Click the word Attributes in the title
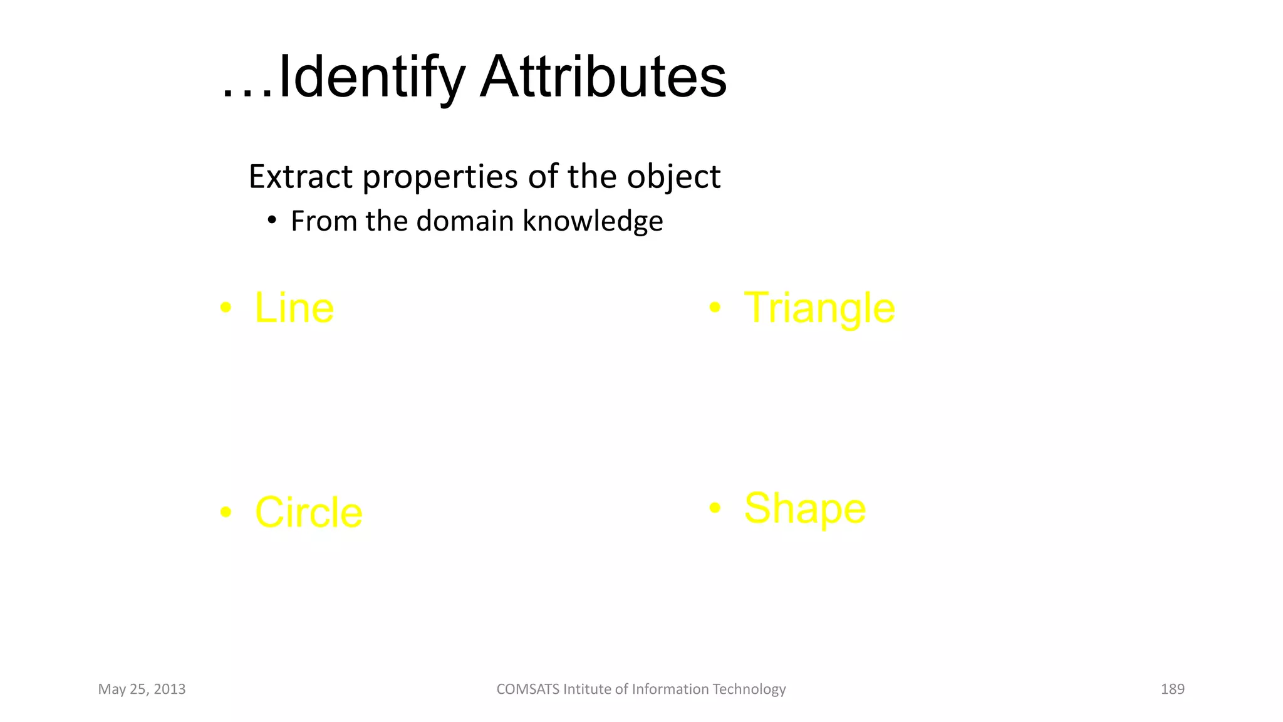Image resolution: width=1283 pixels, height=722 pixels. [x=603, y=78]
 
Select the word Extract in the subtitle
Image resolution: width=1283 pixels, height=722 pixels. [x=300, y=177]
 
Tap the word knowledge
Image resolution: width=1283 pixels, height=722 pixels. [x=593, y=222]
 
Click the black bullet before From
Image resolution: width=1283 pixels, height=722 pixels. [x=271, y=220]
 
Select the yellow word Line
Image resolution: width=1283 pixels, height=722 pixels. [x=294, y=308]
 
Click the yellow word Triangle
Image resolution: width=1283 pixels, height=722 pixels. [x=819, y=308]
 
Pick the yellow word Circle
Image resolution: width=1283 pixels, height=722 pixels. [x=308, y=513]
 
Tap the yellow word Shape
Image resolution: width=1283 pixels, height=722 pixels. [x=804, y=508]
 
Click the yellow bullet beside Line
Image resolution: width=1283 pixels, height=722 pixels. [x=226, y=308]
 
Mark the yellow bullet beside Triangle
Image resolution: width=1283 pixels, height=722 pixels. [x=715, y=307]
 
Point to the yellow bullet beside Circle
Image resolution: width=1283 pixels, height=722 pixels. [x=226, y=513]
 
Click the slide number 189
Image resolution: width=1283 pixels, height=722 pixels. [x=1172, y=689]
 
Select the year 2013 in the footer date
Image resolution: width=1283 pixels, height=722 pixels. [x=169, y=689]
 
